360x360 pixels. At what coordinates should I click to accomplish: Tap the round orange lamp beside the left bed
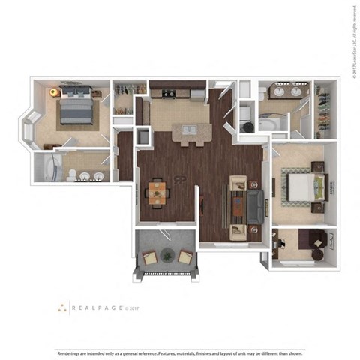53,91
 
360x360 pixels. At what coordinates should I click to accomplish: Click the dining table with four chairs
156,192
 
